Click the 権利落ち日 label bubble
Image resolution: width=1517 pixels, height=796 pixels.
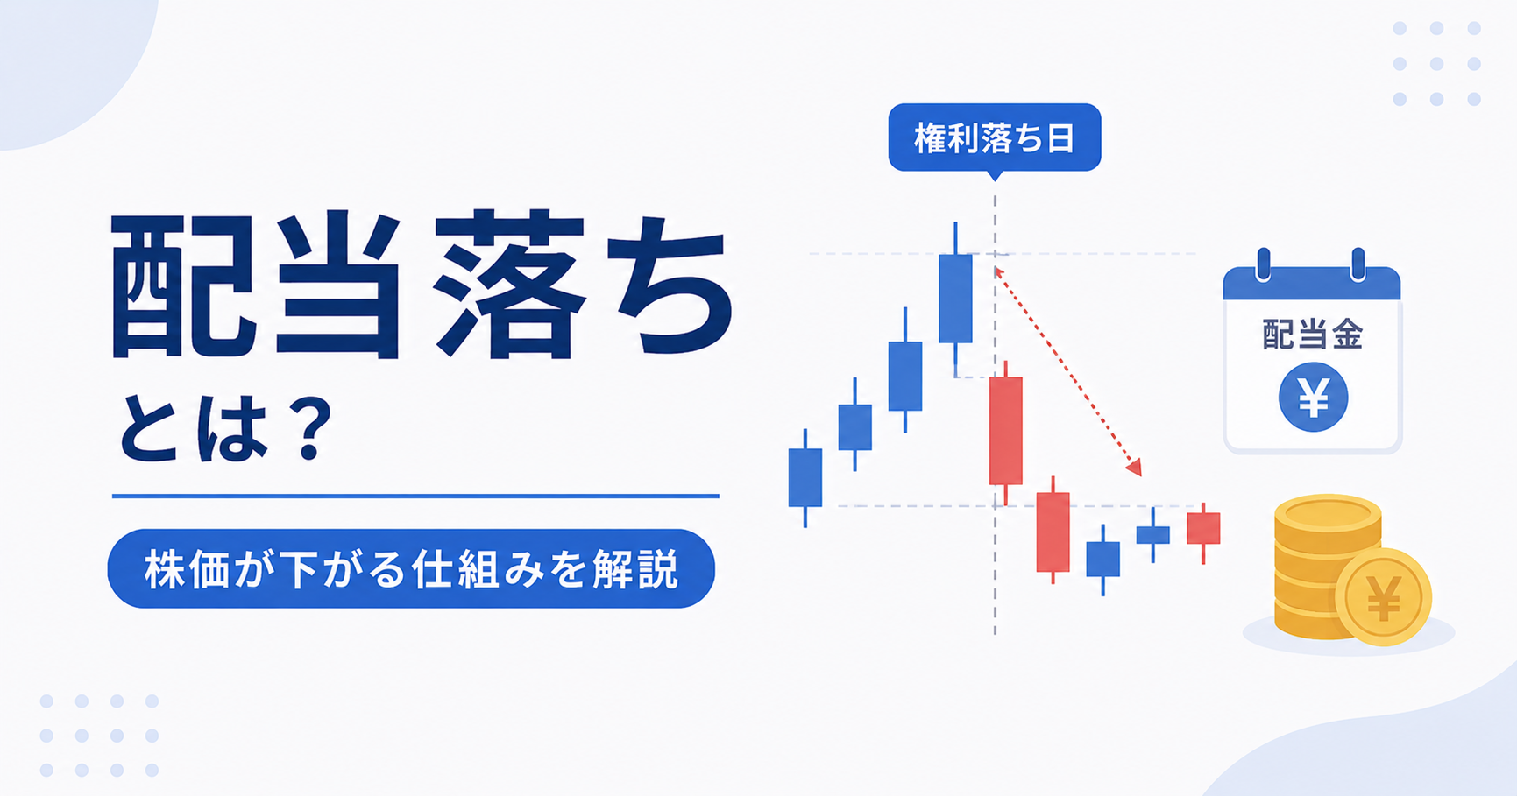[x=995, y=138]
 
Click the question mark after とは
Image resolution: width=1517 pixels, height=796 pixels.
[x=313, y=428]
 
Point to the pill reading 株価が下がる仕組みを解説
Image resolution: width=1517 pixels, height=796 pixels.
[x=411, y=568]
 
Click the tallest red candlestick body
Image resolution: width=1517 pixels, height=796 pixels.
[x=1006, y=430]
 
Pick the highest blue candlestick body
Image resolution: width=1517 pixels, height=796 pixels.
[x=955, y=298]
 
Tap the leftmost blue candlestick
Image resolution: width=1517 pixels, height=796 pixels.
[x=805, y=477]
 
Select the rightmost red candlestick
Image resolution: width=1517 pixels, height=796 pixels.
[x=1203, y=528]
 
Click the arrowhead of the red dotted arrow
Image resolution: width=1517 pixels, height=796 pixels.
[x=1134, y=468]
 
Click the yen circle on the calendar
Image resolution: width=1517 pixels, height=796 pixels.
[x=1313, y=398]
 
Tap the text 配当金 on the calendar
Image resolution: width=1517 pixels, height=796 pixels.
[x=1312, y=335]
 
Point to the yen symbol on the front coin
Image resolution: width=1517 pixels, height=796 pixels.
[x=1384, y=597]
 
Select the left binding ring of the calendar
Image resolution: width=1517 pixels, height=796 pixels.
[x=1263, y=264]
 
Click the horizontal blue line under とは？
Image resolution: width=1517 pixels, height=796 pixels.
[x=415, y=496]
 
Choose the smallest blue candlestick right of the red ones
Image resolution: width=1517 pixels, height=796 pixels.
[x=1153, y=534]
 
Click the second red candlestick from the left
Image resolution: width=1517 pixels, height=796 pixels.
[x=1053, y=532]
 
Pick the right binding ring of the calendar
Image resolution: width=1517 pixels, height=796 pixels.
[x=1358, y=264]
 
